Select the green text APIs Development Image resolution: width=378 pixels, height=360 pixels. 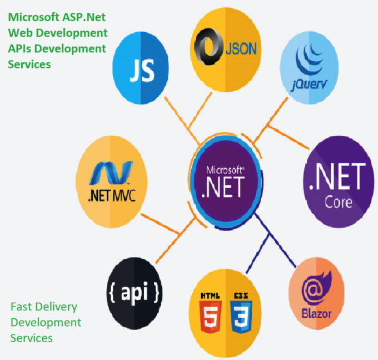coord(57,49)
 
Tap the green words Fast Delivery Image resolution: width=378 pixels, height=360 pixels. coord(44,307)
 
